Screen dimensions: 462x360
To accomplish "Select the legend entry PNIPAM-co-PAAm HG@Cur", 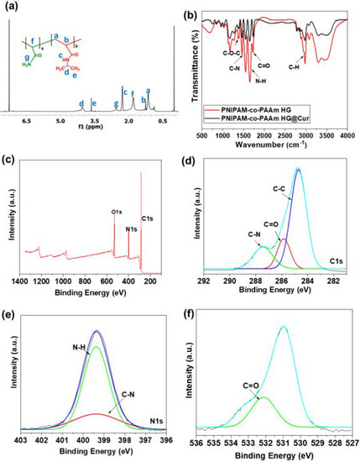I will pos(286,118).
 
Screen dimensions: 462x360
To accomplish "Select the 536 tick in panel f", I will pos(196,439).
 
